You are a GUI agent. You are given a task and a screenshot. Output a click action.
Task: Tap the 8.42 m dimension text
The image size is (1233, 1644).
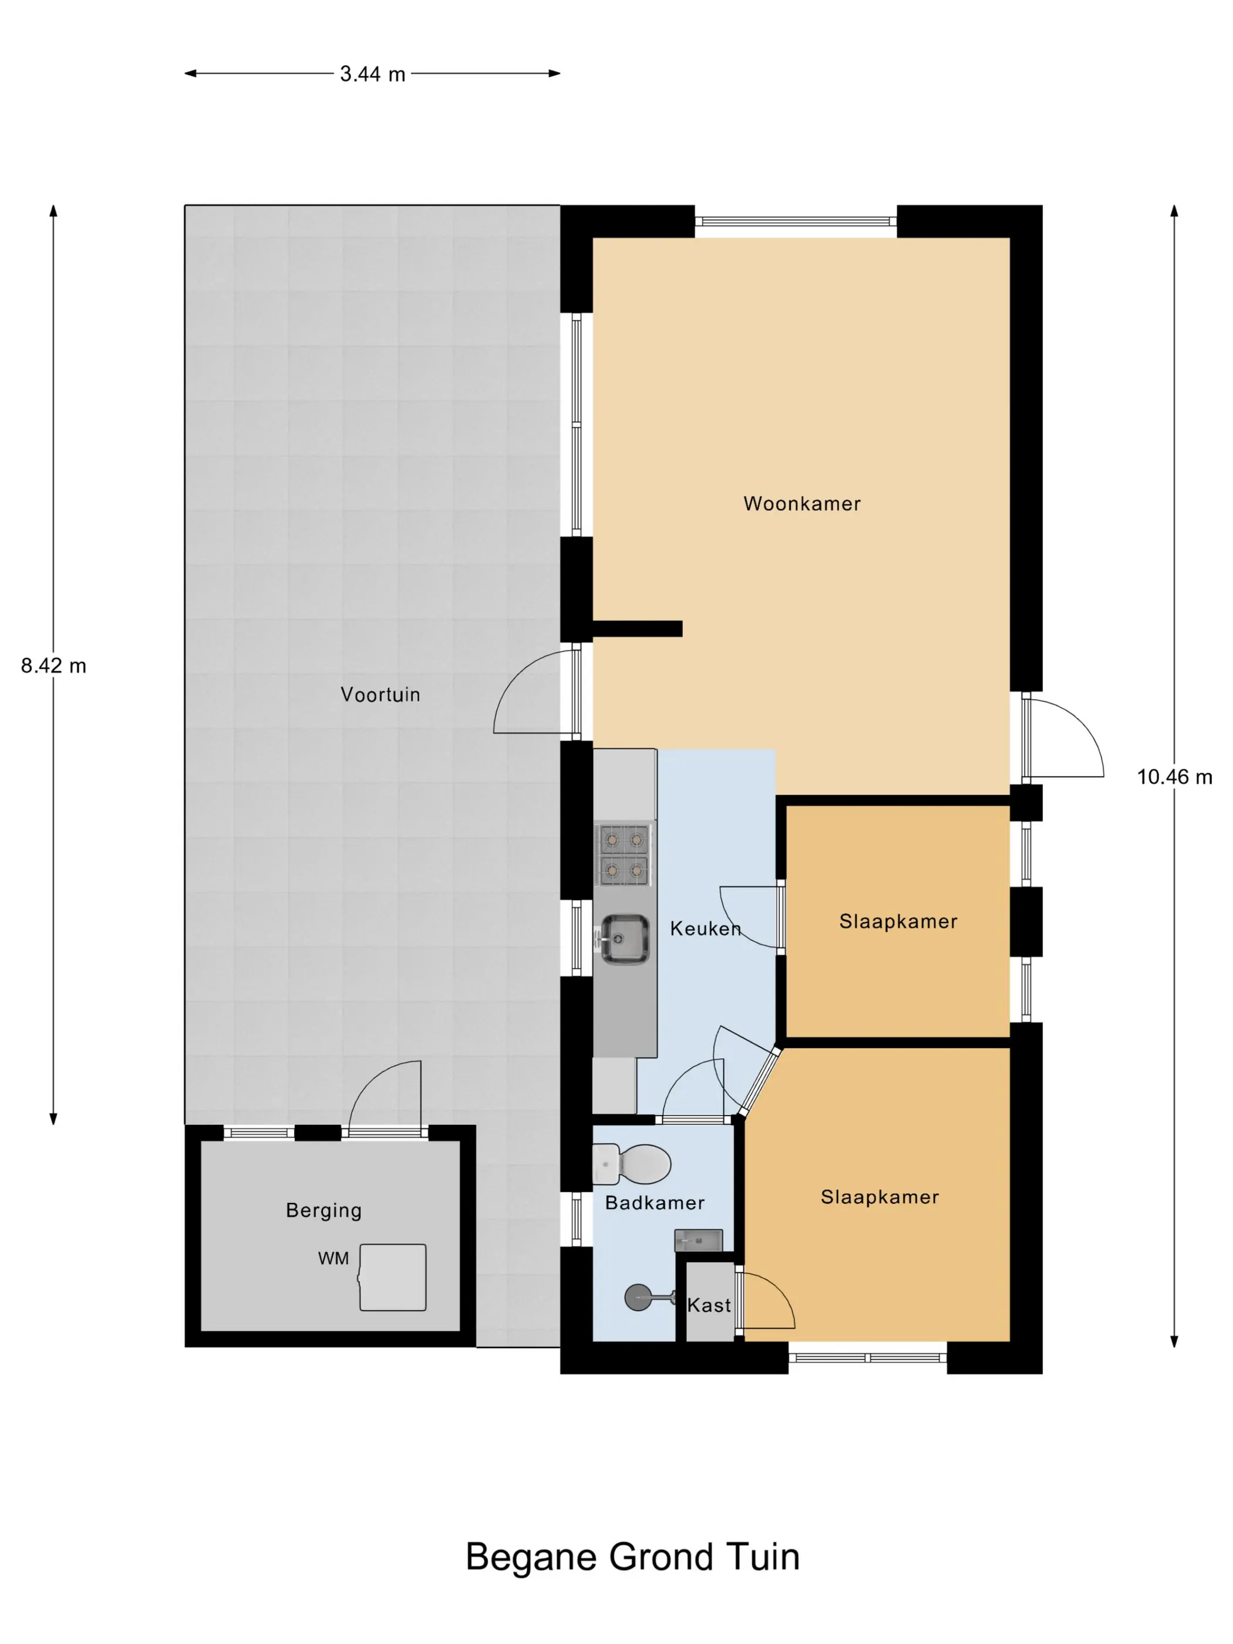point(53,666)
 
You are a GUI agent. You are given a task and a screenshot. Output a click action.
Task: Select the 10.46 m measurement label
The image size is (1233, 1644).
point(1174,777)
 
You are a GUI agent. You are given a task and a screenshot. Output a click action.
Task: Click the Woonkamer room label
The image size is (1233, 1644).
point(802,504)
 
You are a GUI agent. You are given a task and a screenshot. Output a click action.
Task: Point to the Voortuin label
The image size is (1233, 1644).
point(380,695)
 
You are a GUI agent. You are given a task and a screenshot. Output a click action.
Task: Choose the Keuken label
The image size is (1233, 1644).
point(705,928)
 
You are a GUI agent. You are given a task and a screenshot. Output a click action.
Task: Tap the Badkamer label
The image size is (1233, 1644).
point(655,1202)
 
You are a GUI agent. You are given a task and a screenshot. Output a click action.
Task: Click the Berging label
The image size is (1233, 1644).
point(324,1211)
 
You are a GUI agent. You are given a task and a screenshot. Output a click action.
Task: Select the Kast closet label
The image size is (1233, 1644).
point(709,1305)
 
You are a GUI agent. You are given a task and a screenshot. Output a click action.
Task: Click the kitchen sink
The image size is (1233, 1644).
point(624,939)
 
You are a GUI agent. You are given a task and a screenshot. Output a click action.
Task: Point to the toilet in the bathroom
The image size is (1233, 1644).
point(632,1164)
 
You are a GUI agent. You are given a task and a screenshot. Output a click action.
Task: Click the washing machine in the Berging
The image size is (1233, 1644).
point(392,1278)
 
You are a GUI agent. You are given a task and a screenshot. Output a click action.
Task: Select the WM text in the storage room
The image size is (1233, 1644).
point(333,1258)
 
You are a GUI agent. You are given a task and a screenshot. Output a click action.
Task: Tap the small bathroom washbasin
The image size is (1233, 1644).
point(699,1241)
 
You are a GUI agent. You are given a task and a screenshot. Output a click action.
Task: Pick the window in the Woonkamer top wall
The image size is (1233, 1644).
point(796,221)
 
